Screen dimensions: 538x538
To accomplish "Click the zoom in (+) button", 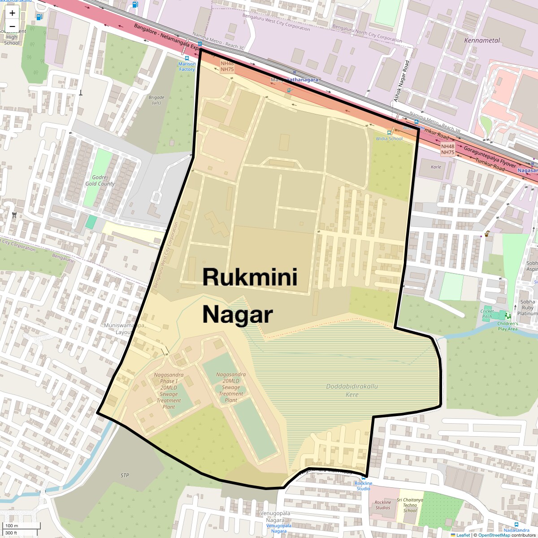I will tap(12, 13).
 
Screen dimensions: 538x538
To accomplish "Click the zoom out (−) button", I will tap(12, 26).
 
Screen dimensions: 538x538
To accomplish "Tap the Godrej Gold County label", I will tap(100, 181).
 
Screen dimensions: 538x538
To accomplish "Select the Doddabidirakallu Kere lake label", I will tap(352, 390).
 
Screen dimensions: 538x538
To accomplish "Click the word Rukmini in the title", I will tap(250, 277).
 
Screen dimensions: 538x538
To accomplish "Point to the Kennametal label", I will tap(482, 40).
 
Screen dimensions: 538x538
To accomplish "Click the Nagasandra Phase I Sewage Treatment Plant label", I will tap(169, 391).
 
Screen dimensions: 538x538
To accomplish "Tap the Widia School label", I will tap(389, 139).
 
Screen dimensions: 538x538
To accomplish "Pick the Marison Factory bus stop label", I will tap(187, 67).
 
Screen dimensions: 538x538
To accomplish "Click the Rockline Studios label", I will tap(383, 505).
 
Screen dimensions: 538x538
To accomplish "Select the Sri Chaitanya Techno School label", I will tap(410, 505).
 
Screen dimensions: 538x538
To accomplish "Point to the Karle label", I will tap(436, 167).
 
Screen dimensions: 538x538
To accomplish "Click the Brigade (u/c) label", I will tap(156, 100).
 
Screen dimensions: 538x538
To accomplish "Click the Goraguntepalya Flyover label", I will tap(490, 157).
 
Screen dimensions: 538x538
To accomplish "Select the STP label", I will tap(125, 475).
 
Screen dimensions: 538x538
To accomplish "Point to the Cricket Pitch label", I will tap(487, 314).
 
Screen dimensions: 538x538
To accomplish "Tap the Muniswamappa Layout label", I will tap(124, 329).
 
